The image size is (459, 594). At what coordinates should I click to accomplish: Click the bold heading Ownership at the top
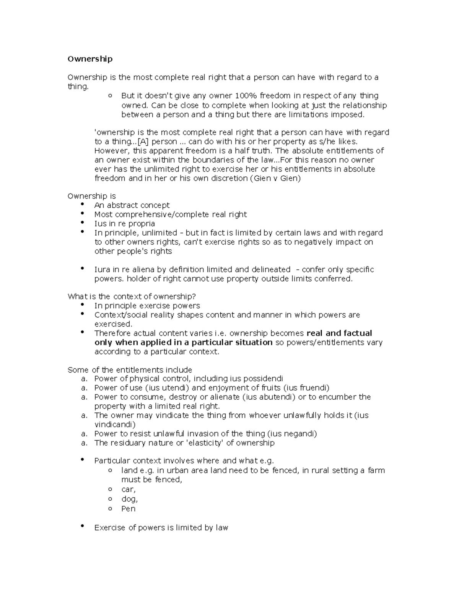point(90,59)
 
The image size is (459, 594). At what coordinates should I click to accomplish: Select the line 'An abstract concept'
point(132,205)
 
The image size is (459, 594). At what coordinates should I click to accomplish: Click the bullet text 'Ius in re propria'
point(124,224)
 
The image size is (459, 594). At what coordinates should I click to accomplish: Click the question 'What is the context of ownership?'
point(132,297)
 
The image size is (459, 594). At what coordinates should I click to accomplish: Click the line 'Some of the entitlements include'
point(130,370)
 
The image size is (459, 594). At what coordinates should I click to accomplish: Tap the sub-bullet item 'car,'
point(128,490)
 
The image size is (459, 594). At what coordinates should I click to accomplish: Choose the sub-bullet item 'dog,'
point(129,499)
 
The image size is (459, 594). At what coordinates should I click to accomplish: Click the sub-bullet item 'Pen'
point(128,509)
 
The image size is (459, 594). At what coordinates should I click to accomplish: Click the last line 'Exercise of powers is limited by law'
point(161,528)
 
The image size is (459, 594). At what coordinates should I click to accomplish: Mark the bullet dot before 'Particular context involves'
point(83,460)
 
